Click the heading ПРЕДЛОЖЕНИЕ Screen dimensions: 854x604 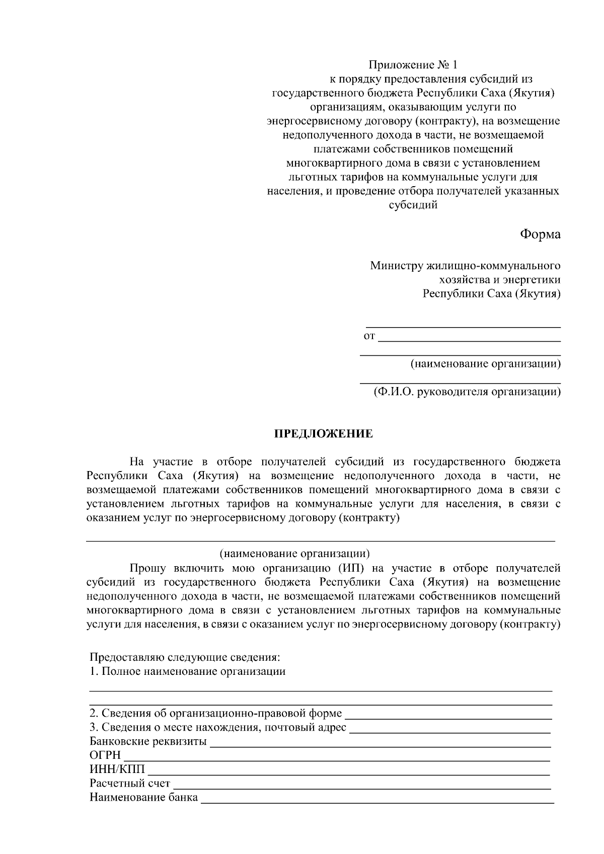[323, 434]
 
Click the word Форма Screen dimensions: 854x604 [540, 234]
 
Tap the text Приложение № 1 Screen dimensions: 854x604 [414, 65]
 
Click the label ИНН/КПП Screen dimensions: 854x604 [117, 769]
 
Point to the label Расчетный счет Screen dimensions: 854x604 [130, 784]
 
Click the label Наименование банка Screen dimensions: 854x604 [143, 798]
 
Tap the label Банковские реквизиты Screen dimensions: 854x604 [148, 741]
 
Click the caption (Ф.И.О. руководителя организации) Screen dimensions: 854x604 [467, 392]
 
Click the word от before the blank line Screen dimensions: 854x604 [369, 336]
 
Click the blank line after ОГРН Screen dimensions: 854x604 [336, 758]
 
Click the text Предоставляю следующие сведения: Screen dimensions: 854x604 [185, 657]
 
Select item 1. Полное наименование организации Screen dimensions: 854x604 [187, 671]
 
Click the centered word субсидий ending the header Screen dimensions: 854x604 [413, 205]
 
